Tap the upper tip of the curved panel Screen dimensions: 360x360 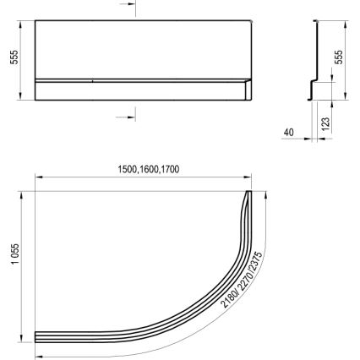pyautogui.click(x=248, y=195)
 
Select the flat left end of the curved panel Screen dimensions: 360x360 pyautogui.click(x=35, y=335)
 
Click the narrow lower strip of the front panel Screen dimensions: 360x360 pyautogui.click(x=139, y=90)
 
